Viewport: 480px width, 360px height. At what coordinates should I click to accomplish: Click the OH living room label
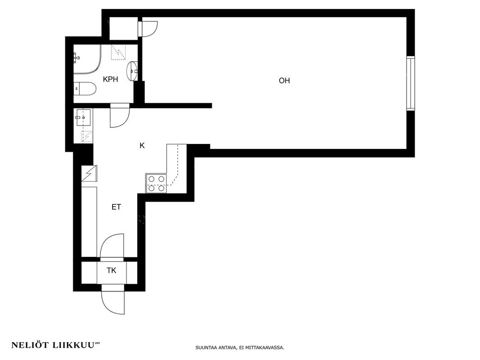[x=284, y=81]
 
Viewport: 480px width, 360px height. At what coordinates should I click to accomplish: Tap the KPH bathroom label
[x=110, y=80]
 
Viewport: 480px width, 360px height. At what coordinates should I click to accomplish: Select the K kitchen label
[x=142, y=146]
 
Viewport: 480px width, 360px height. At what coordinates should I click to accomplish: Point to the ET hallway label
[x=116, y=207]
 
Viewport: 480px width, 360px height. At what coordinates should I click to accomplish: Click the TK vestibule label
[x=111, y=271]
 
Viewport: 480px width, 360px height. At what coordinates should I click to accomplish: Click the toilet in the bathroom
[x=85, y=89]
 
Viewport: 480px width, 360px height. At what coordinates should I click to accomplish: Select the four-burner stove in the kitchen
[x=156, y=184]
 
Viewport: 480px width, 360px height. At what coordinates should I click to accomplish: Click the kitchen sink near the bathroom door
[x=83, y=117]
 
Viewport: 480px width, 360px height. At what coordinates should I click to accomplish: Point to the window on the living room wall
[x=411, y=83]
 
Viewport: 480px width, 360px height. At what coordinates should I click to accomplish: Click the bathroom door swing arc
[x=124, y=121]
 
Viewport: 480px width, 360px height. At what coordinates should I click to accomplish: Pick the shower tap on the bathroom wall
[x=77, y=58]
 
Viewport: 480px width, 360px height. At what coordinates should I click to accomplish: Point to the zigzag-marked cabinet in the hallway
[x=89, y=174]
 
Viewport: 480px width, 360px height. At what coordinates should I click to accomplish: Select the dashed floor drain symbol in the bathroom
[x=118, y=52]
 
